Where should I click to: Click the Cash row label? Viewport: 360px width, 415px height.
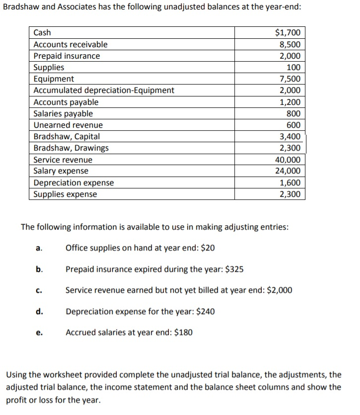click(x=42, y=33)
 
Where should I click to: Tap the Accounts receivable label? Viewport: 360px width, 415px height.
click(x=70, y=44)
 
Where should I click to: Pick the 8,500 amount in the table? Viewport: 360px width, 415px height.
click(x=289, y=44)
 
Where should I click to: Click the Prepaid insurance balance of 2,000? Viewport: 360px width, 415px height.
click(x=289, y=56)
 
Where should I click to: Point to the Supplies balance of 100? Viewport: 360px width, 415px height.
click(x=293, y=67)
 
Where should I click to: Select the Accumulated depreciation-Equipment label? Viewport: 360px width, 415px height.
click(x=103, y=90)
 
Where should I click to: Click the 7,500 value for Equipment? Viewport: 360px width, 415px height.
click(x=289, y=79)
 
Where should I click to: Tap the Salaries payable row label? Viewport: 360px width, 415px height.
click(x=63, y=113)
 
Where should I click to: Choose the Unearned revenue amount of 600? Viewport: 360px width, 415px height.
click(x=293, y=125)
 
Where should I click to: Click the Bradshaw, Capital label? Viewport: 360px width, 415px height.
click(x=66, y=136)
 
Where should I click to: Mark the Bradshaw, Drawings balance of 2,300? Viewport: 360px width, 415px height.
click(x=289, y=148)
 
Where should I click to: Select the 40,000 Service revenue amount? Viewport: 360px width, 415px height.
click(x=288, y=160)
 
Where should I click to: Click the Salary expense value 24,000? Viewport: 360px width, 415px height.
click(x=288, y=171)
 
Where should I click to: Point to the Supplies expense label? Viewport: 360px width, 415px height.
click(x=65, y=194)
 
